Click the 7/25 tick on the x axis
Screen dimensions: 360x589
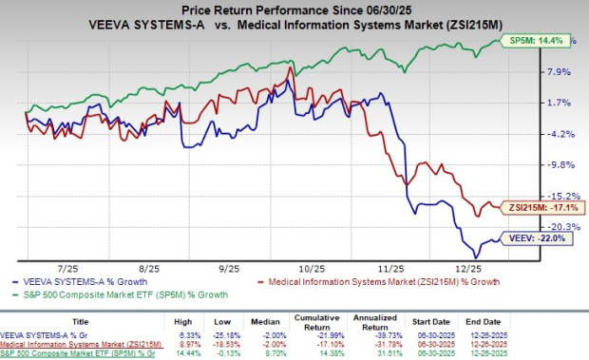point(71,271)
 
